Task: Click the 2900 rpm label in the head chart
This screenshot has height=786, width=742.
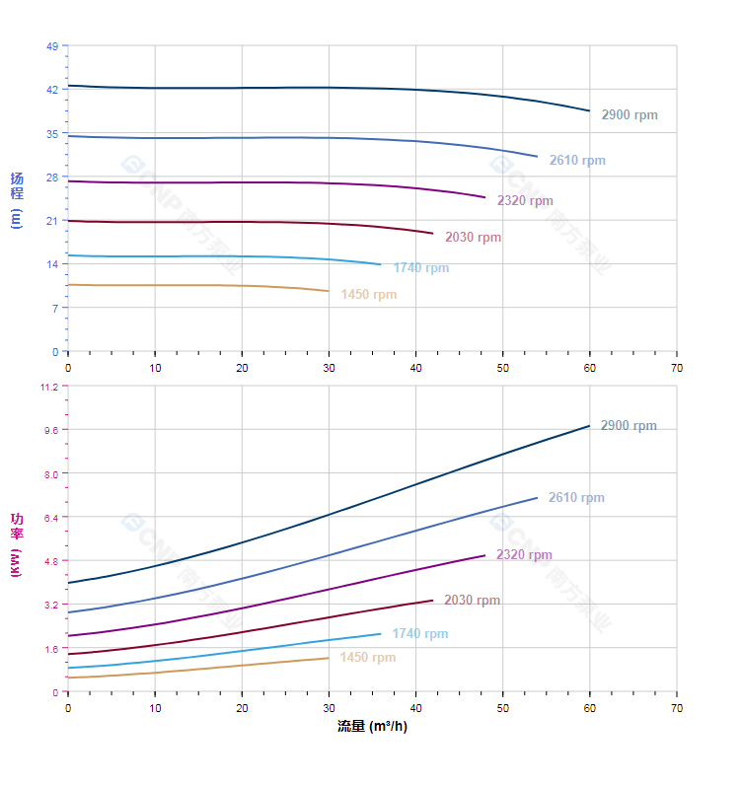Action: (x=630, y=115)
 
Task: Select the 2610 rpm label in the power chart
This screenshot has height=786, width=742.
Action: (x=576, y=498)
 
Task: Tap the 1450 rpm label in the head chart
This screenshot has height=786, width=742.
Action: (x=369, y=295)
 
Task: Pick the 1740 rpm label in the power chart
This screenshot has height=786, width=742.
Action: (x=420, y=634)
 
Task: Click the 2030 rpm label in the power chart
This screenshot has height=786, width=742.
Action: (x=472, y=601)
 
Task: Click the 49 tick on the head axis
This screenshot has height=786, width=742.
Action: (x=52, y=45)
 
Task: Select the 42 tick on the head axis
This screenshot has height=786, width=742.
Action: (x=52, y=89)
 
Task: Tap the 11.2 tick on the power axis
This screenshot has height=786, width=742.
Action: (x=49, y=387)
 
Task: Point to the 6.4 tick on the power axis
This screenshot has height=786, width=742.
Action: (x=52, y=517)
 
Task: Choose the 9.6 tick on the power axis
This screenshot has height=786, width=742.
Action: (x=52, y=430)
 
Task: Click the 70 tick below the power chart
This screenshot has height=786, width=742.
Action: (x=677, y=708)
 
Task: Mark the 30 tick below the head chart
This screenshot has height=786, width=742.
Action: (x=329, y=367)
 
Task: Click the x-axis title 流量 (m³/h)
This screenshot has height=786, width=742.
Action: (x=372, y=727)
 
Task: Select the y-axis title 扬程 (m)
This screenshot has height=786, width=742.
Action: (x=17, y=198)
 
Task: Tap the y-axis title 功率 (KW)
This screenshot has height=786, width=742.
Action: (x=17, y=544)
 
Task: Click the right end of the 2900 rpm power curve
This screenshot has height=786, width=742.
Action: (x=590, y=426)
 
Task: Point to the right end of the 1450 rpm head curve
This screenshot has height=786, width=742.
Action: (x=329, y=291)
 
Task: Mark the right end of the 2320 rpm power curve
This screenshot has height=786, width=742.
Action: (x=485, y=555)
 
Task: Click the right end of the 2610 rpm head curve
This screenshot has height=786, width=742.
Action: (x=538, y=157)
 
